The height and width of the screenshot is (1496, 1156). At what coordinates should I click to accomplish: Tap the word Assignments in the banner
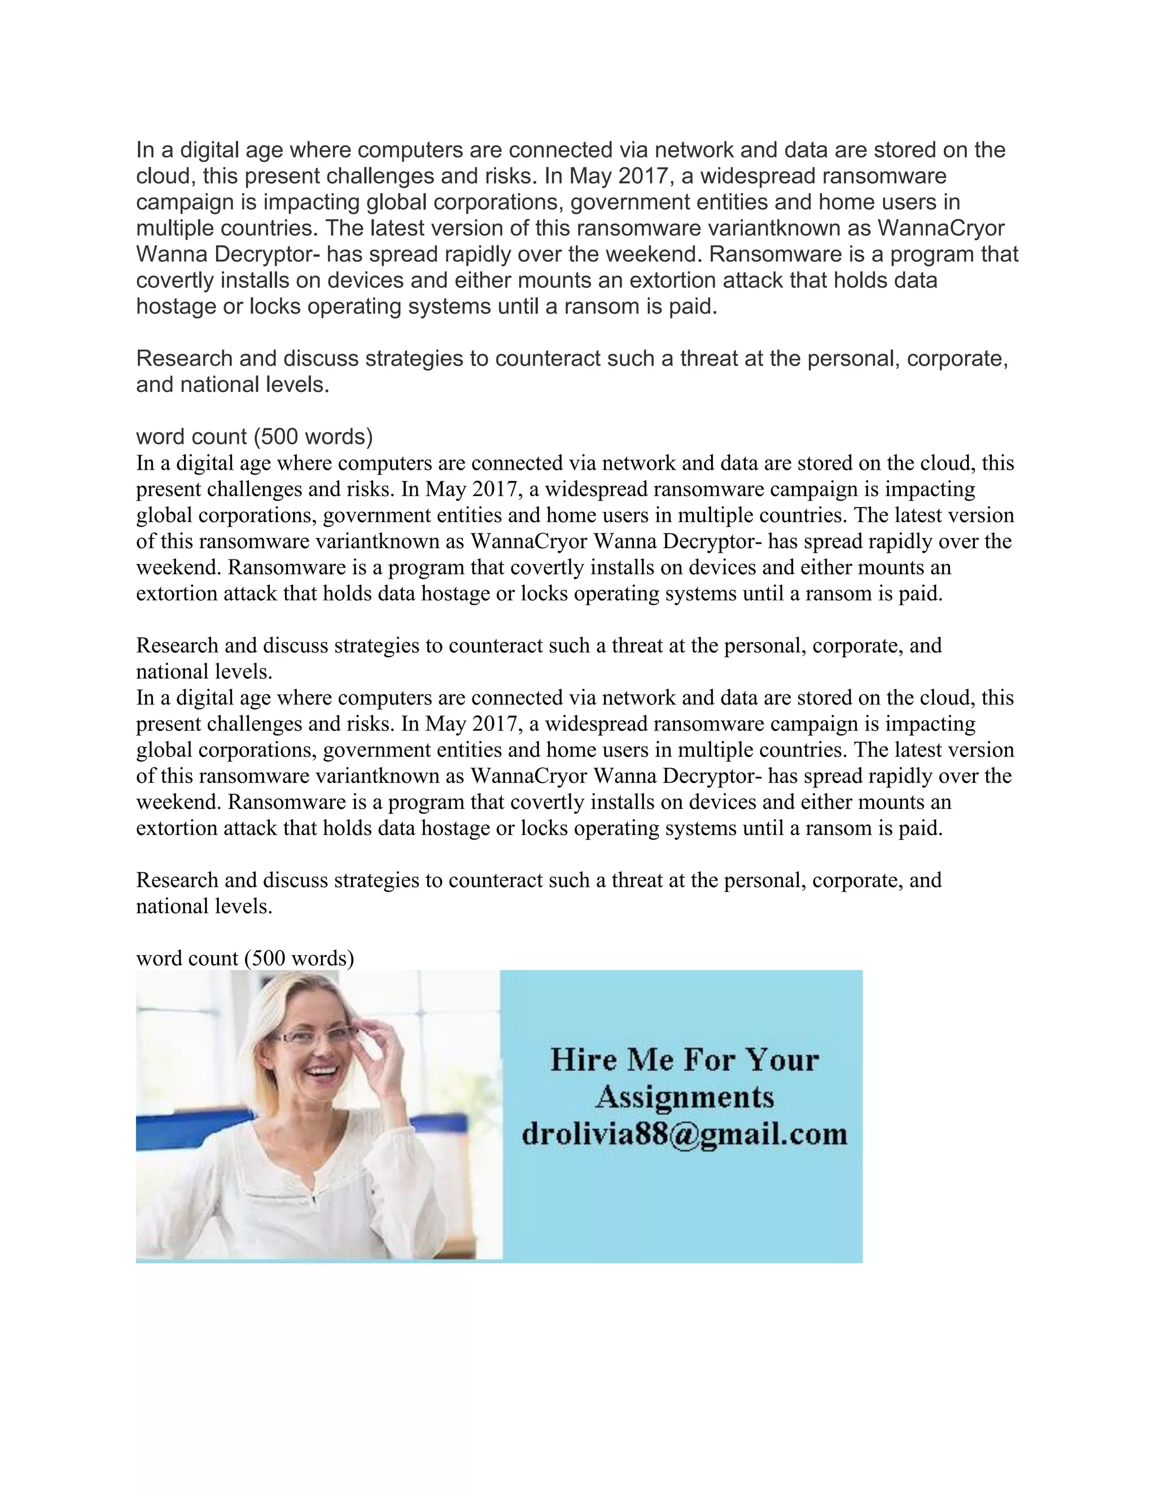[684, 1098]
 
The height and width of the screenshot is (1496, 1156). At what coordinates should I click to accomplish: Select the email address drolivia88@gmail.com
[684, 1135]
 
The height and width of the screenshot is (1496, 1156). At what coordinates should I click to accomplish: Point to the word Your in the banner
[781, 1060]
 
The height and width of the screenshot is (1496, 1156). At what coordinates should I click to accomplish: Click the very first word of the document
[144, 150]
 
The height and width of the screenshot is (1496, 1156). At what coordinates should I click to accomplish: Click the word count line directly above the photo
[245, 957]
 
